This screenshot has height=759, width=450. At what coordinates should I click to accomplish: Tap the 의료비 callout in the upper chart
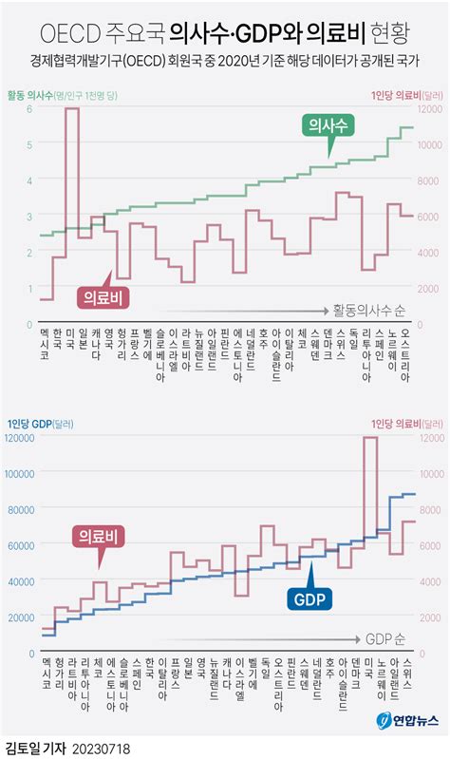101,296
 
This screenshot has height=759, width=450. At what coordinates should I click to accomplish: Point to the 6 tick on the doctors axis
30,109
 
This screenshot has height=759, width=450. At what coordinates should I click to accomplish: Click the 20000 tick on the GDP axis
21,617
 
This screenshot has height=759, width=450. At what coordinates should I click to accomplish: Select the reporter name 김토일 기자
33,749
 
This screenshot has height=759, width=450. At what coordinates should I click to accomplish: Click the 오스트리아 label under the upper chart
406,353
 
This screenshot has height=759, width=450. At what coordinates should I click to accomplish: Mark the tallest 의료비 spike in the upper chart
72,109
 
